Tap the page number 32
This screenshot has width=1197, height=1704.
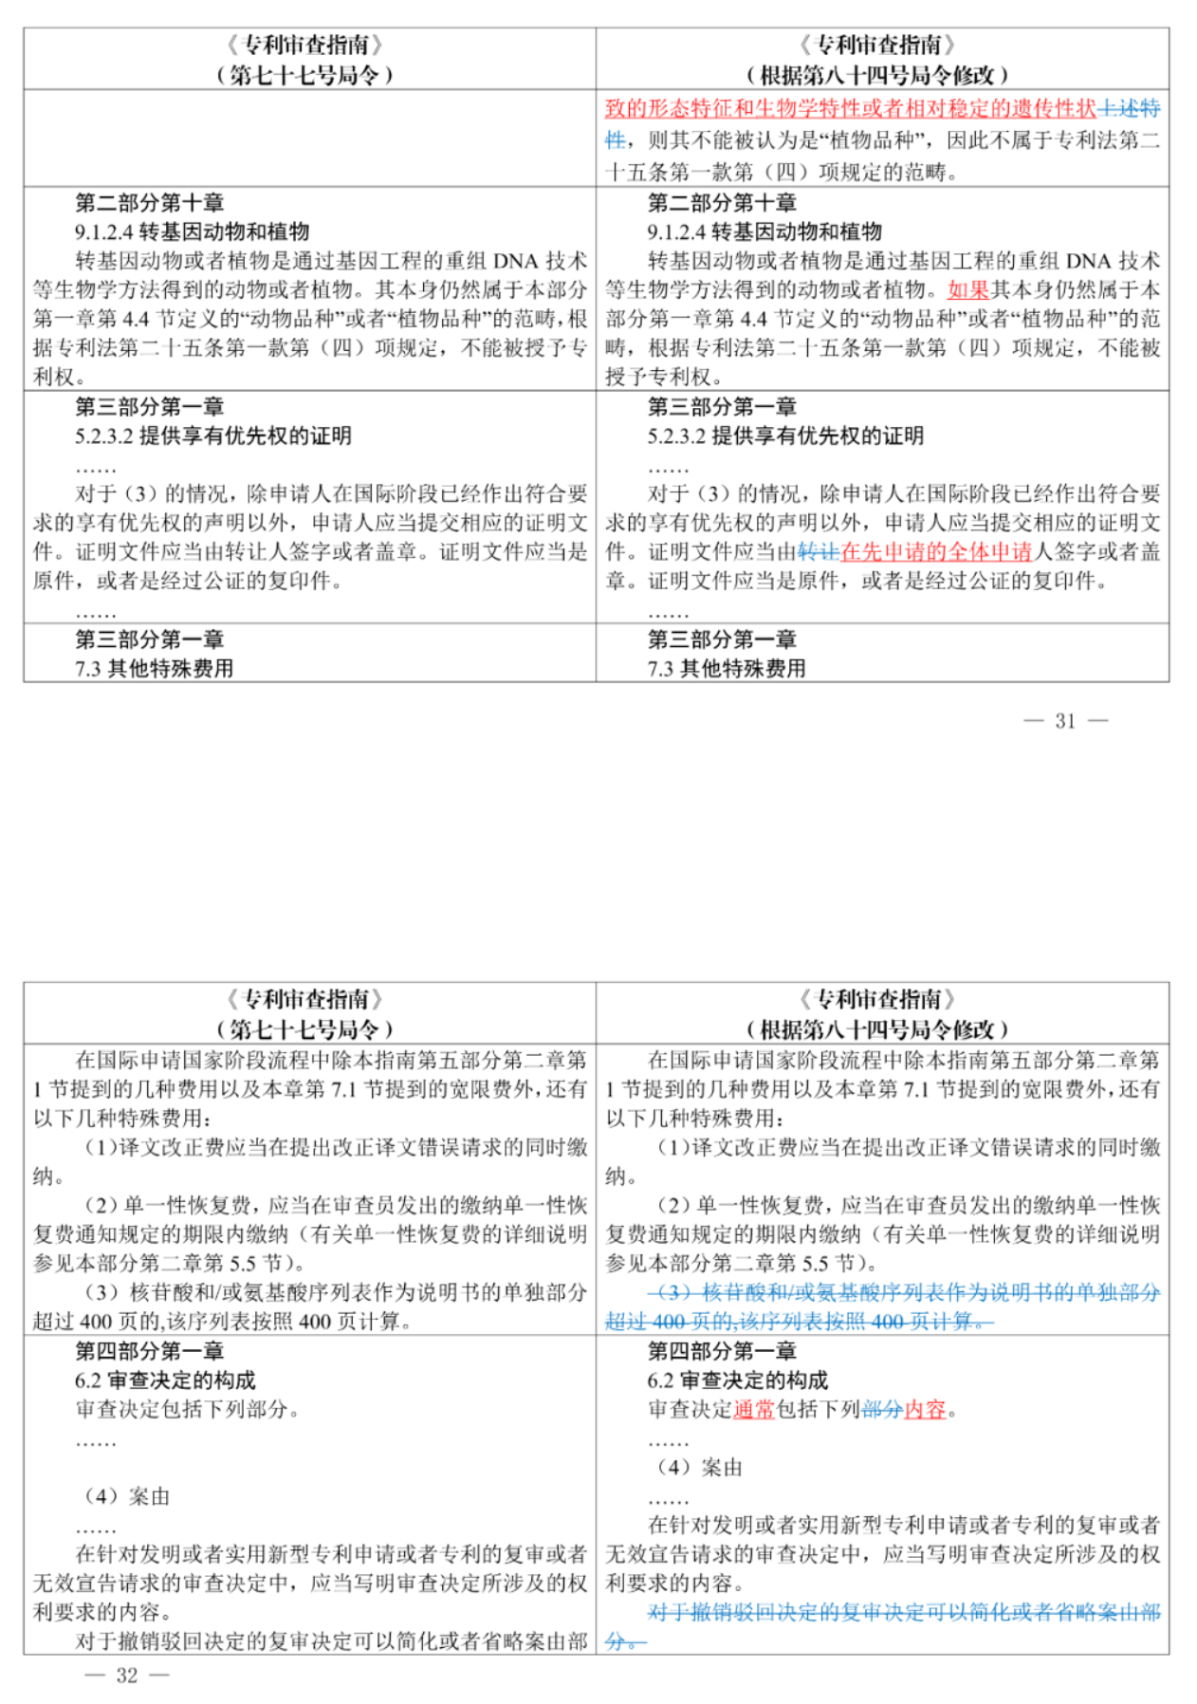(x=127, y=1676)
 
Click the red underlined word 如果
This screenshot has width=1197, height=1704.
(x=967, y=290)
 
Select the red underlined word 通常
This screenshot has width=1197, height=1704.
(x=754, y=1410)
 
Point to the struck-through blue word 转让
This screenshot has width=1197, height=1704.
(x=819, y=552)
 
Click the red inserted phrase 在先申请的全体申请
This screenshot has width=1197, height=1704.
(x=936, y=552)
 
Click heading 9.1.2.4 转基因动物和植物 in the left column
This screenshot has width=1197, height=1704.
(x=193, y=232)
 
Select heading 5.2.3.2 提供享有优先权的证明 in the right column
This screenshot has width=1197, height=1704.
(x=785, y=436)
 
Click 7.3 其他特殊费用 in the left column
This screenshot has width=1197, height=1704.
(x=155, y=669)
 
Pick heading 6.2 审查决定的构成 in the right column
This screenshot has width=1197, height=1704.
(x=738, y=1380)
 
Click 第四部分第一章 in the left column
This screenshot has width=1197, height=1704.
(x=150, y=1351)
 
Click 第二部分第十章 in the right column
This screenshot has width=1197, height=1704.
(x=722, y=203)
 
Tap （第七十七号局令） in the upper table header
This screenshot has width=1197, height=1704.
(x=304, y=74)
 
